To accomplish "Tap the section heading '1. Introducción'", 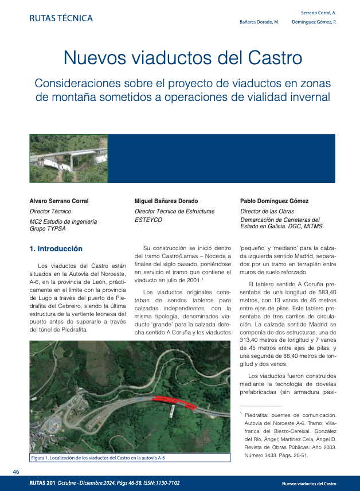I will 56,249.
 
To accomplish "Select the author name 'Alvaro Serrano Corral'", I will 59,201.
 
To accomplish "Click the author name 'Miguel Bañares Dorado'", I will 166,201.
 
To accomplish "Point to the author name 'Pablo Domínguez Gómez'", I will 274,201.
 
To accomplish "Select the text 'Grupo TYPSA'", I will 48,228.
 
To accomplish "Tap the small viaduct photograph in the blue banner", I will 68,159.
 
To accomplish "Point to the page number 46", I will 17,471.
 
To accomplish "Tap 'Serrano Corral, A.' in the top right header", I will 318,12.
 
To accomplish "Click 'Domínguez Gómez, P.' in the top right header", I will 314,21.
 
